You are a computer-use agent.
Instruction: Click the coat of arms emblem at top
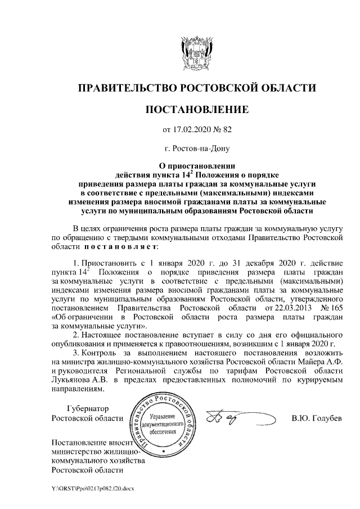pos(196,51)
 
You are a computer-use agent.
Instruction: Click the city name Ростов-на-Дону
pos(196,150)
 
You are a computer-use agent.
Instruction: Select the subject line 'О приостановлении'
pos(196,166)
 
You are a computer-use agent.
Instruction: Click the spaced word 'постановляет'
pos(121,246)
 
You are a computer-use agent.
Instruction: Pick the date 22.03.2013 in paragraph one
pos(278,309)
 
